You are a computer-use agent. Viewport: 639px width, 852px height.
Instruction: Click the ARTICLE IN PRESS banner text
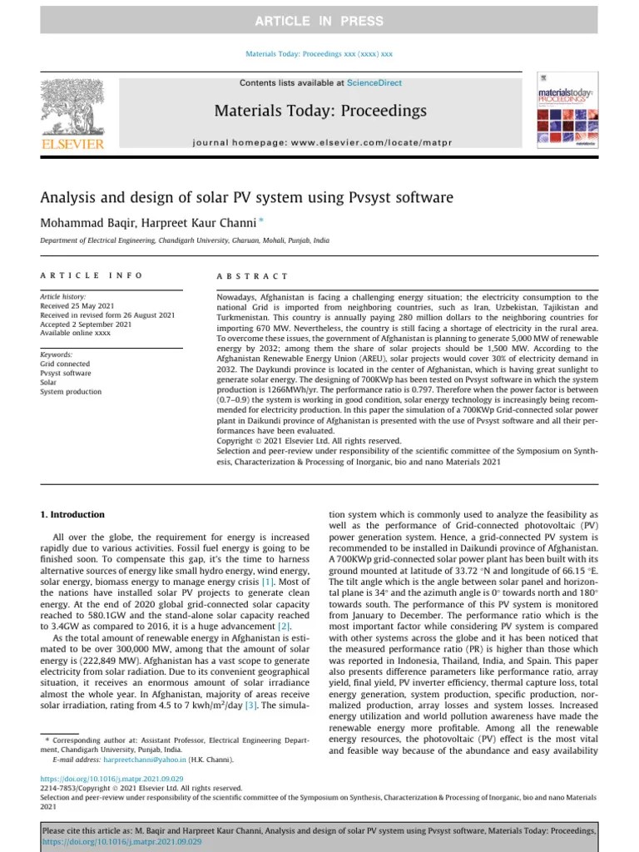click(x=319, y=21)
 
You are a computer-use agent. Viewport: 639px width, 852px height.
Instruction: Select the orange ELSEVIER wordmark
click(x=72, y=145)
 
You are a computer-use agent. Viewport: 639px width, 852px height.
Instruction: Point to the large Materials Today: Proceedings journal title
click(x=320, y=111)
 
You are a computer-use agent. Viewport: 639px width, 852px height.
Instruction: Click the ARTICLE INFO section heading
click(x=92, y=275)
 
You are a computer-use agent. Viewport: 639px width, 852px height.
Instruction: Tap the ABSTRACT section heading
click(x=252, y=275)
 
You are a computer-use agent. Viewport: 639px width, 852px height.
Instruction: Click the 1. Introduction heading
click(x=73, y=515)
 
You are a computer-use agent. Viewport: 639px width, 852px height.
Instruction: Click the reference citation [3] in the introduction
click(x=249, y=706)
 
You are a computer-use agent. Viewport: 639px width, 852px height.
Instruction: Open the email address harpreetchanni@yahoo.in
click(x=142, y=760)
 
